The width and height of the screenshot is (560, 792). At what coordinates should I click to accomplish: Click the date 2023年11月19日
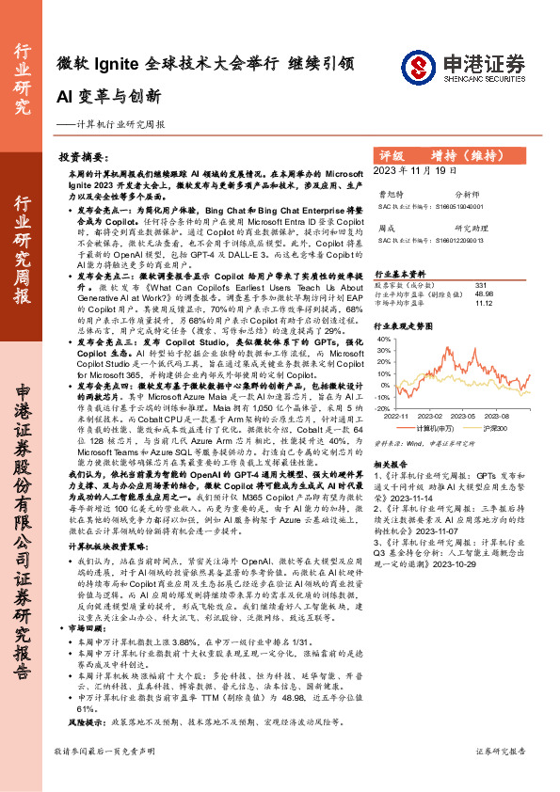pyautogui.click(x=415, y=172)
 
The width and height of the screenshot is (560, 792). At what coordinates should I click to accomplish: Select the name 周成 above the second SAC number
pyautogui.click(x=386, y=229)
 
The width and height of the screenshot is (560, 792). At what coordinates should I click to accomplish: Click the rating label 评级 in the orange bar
pyautogui.click(x=392, y=154)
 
